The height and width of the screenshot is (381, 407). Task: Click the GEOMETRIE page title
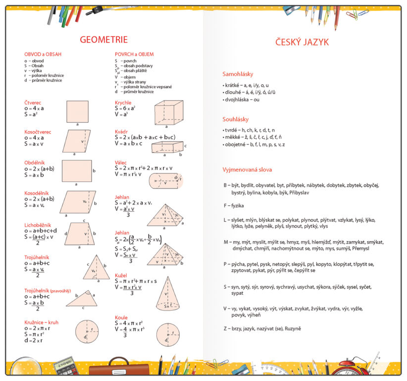tap(103, 40)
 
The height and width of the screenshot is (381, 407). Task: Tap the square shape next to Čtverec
tap(77, 111)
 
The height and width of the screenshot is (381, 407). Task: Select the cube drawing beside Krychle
tap(169, 112)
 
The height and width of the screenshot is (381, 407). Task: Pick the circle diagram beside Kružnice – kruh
tap(87, 332)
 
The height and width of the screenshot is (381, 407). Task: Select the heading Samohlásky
tap(238, 74)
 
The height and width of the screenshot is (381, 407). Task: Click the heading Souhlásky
tap(236, 119)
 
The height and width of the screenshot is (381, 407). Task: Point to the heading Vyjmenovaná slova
tap(247, 170)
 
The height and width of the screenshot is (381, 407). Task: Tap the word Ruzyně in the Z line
tap(291, 328)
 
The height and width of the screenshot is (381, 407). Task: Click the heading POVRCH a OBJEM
tap(134, 54)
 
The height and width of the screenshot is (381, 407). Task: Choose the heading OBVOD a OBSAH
tap(43, 54)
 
